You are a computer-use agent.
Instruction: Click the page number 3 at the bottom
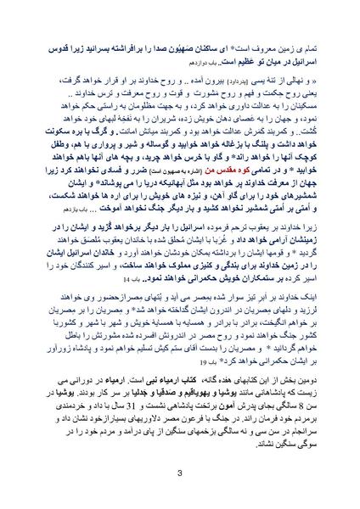[x=180, y=473]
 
